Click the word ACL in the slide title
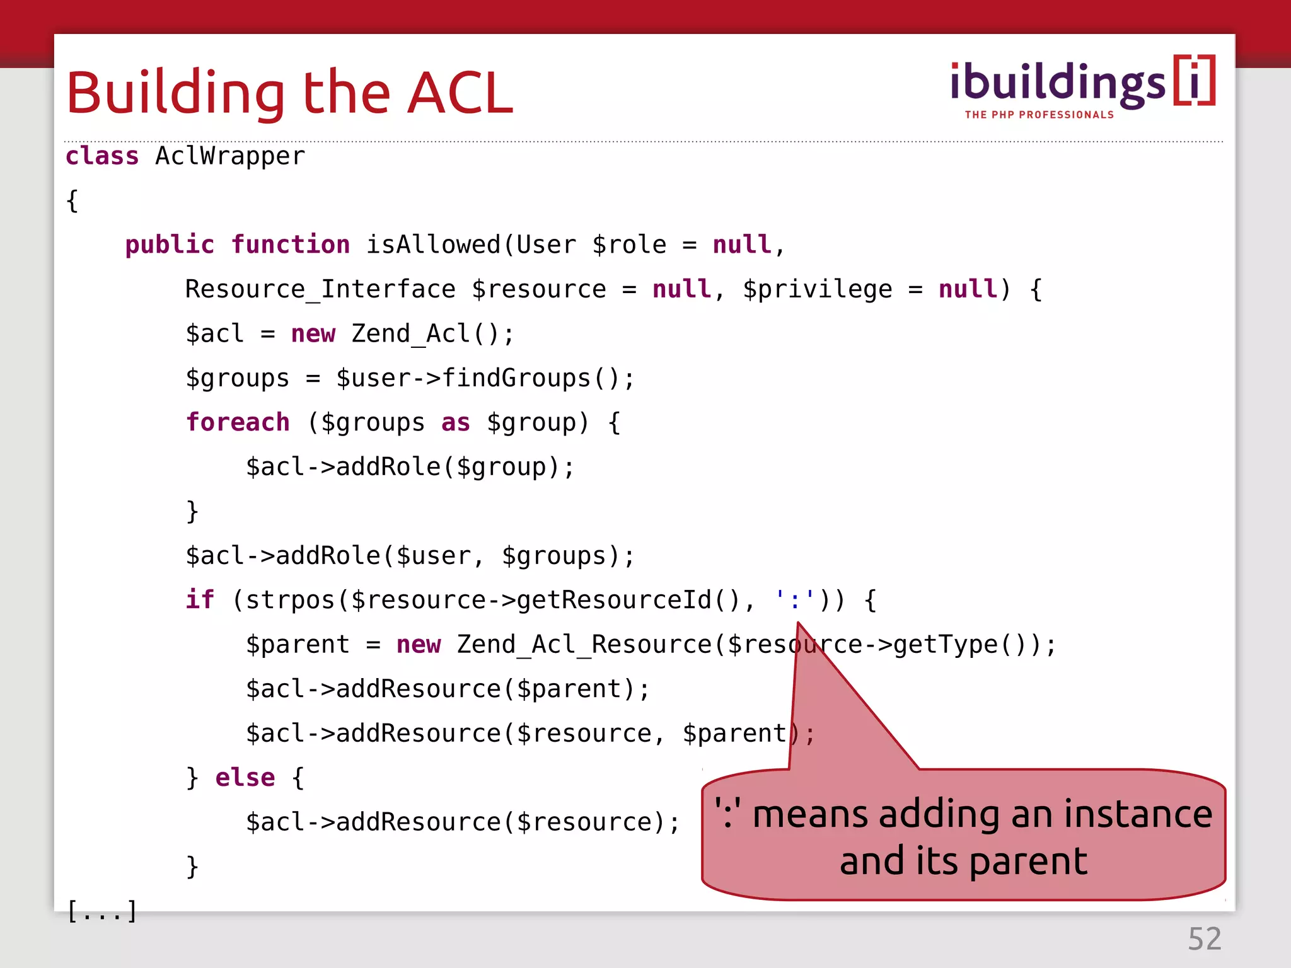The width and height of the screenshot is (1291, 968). [460, 93]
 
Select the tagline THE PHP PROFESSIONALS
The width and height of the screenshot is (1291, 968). [1039, 115]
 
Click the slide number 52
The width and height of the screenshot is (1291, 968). [1205, 939]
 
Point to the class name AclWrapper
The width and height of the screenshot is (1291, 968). [230, 156]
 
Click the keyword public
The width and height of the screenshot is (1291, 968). [170, 245]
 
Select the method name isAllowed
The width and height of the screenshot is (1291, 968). [434, 245]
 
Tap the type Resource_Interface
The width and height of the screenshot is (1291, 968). [320, 289]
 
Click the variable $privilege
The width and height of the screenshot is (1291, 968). [817, 289]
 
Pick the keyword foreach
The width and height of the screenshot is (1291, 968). [238, 422]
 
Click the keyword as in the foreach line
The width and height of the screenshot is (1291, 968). [455, 422]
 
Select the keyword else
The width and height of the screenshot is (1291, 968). [245, 778]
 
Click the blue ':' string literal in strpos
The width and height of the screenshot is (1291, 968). [795, 599]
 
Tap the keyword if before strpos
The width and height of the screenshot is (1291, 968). [200, 599]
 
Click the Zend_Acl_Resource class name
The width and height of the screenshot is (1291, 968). [584, 644]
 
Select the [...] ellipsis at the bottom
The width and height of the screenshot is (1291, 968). [101, 911]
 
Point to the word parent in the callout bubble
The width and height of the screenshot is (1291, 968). [1028, 861]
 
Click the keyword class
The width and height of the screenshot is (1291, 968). [102, 156]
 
